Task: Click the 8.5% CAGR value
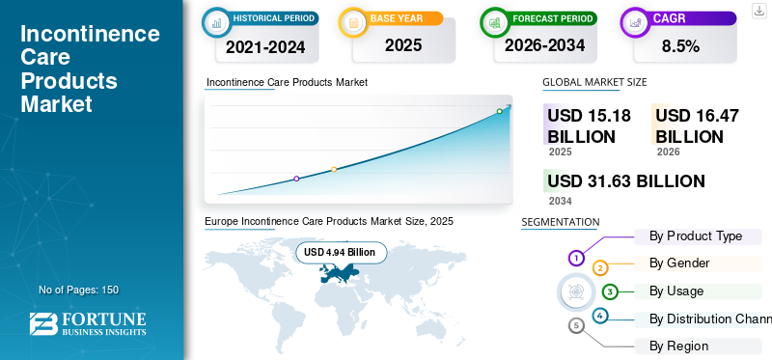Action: point(680,45)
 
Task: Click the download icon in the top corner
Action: point(758,10)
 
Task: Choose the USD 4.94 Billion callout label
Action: point(341,253)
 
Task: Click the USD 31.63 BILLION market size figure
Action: point(625,181)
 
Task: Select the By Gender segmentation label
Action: point(679,263)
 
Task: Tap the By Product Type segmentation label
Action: point(695,235)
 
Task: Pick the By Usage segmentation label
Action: point(676,291)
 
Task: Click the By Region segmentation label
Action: point(678,346)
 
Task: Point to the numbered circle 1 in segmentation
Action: point(576,258)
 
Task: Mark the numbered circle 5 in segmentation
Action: point(576,326)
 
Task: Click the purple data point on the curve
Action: point(296,179)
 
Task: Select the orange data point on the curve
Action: point(334,170)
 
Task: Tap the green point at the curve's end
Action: point(499,111)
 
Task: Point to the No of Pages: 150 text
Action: point(78,290)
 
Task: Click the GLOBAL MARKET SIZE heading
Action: point(594,82)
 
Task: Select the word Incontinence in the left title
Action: point(90,35)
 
